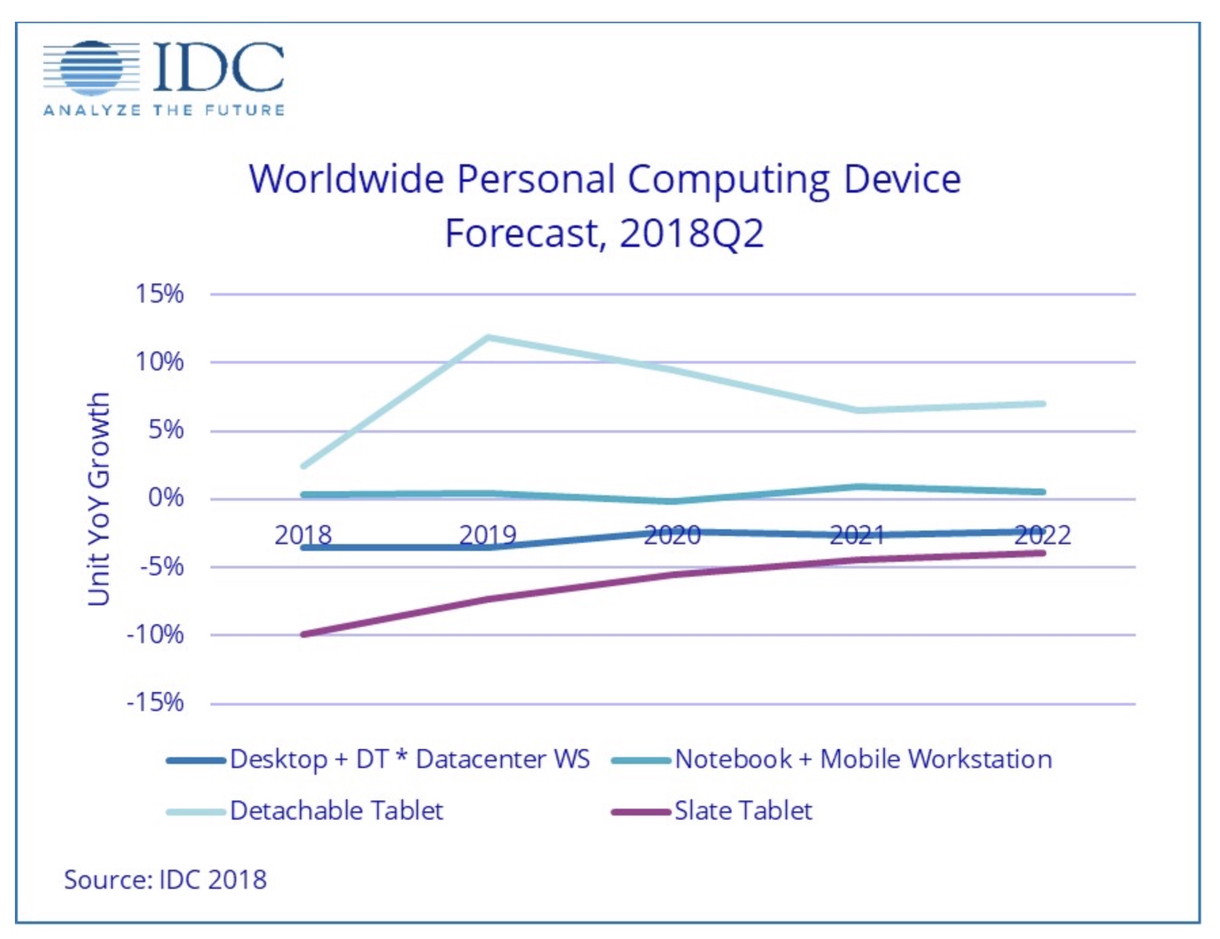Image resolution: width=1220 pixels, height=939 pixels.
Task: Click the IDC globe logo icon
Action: point(91,68)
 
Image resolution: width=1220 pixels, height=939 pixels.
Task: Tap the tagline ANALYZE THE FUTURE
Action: point(164,111)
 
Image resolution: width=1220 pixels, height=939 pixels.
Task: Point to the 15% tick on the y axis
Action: point(159,294)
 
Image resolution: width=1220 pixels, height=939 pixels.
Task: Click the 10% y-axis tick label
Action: point(159,362)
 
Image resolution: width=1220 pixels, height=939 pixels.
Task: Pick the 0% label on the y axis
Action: point(166,498)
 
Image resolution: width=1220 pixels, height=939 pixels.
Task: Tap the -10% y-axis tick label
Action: point(155,635)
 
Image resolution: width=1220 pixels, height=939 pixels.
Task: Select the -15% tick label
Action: point(155,702)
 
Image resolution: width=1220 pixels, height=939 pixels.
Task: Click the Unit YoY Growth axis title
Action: point(99,499)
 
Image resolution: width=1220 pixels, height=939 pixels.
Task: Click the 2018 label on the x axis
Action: point(303,535)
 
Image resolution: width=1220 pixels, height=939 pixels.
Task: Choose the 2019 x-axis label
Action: point(488,535)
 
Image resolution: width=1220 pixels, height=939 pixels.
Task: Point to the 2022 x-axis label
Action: point(1042,535)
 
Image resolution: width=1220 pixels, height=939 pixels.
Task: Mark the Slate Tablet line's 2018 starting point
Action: point(303,634)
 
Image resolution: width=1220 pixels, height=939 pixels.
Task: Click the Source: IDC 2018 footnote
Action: point(165,880)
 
